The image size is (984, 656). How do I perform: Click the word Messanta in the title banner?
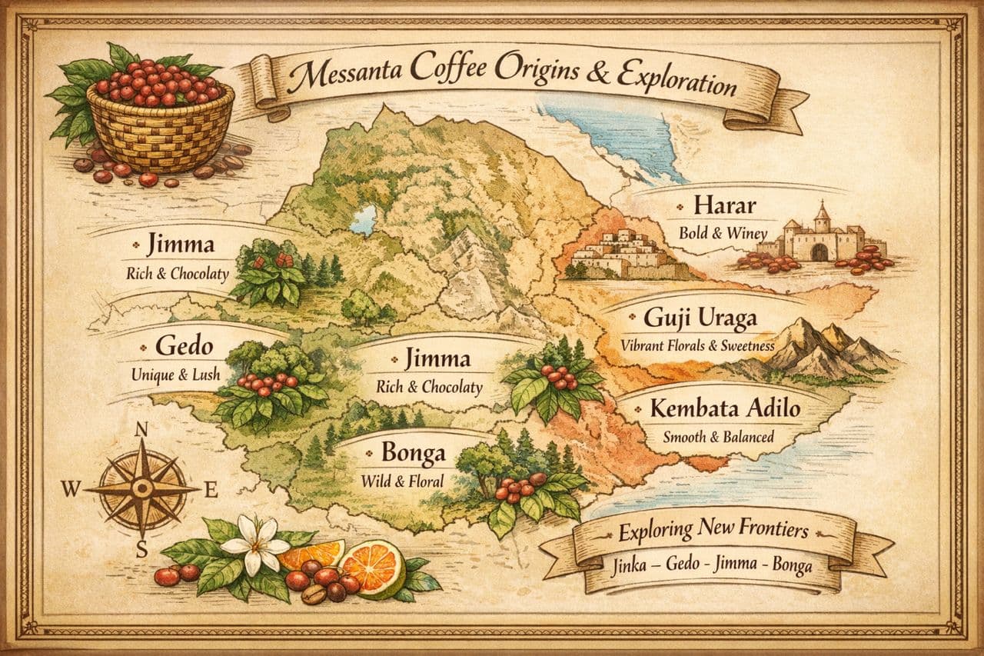click(x=340, y=78)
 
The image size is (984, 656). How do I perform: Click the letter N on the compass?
click(x=141, y=431)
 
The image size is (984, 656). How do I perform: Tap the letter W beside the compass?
click(x=72, y=488)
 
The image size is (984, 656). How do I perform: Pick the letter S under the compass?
click(x=141, y=549)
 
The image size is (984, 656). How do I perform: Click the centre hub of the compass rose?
click(x=141, y=488)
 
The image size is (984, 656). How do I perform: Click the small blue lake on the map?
click(x=363, y=219)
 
